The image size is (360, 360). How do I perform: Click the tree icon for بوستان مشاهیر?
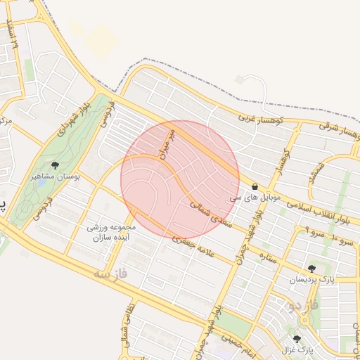(55, 165)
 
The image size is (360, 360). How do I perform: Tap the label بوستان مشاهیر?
(55, 177)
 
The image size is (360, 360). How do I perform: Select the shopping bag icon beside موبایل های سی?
(254, 187)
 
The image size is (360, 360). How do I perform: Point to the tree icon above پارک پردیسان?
(311, 268)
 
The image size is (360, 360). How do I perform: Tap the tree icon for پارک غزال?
(297, 339)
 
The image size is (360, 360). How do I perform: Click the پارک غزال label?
(297, 349)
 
